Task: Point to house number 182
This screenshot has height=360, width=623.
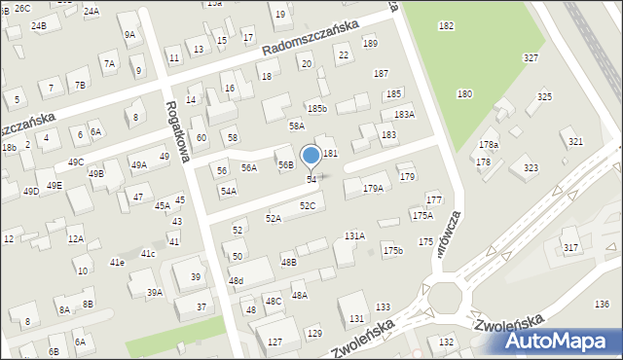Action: (446, 25)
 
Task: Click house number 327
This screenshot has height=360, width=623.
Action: (531, 58)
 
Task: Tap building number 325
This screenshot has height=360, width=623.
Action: (544, 97)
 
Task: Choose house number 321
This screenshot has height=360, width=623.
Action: (576, 142)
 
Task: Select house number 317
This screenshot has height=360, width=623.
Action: (570, 248)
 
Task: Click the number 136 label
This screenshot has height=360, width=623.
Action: (602, 305)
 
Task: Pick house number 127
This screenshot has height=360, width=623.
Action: (275, 342)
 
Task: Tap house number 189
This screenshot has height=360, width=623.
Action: (370, 44)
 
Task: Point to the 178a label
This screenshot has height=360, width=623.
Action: (488, 145)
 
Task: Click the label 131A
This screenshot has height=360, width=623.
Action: (354, 235)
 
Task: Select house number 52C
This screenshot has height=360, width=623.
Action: (308, 206)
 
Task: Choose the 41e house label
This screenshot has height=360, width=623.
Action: (117, 263)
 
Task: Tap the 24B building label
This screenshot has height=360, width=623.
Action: (38, 25)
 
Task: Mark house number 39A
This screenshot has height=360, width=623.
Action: (154, 293)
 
